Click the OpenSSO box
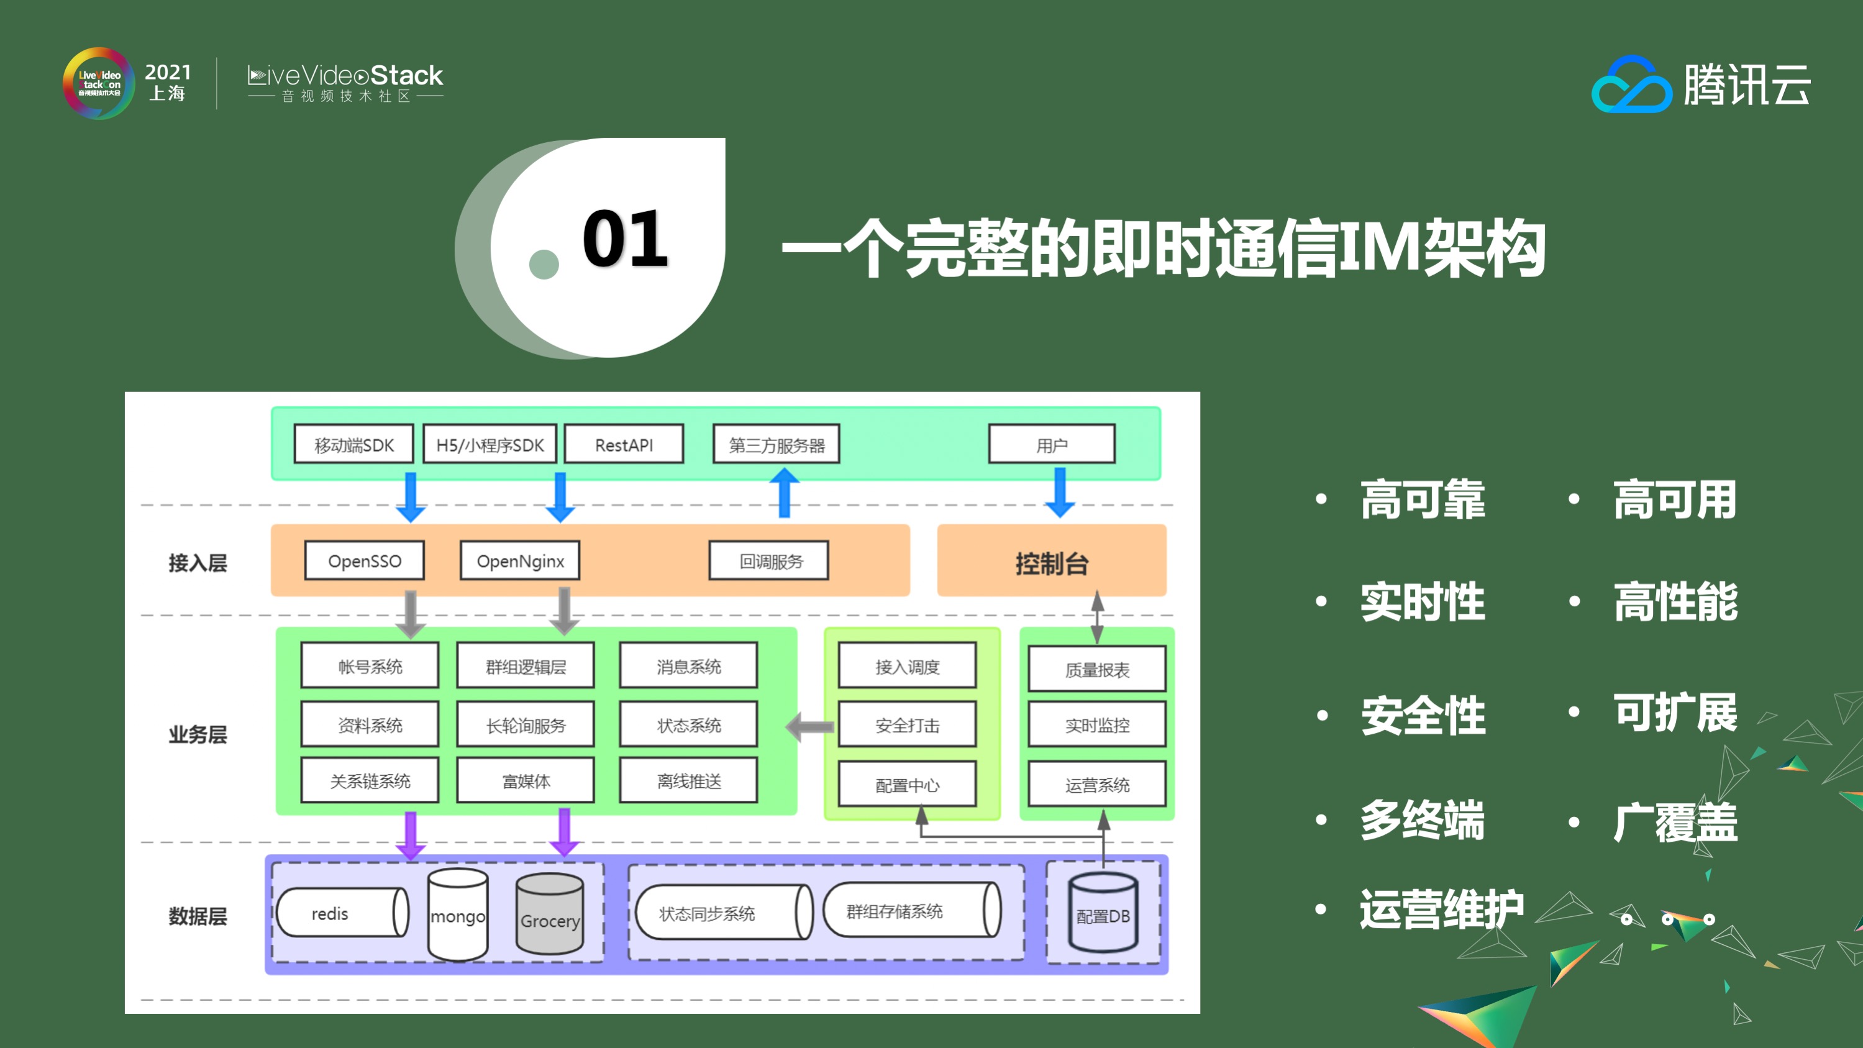(x=365, y=560)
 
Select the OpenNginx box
(x=520, y=560)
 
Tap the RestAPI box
(x=624, y=444)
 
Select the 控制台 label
(x=1052, y=563)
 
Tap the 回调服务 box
(x=769, y=560)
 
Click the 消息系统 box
(x=688, y=665)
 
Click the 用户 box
(x=1052, y=444)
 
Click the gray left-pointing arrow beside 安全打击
(x=810, y=726)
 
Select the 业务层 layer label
(x=198, y=734)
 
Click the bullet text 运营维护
(x=1441, y=908)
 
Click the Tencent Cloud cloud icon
(x=1631, y=85)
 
